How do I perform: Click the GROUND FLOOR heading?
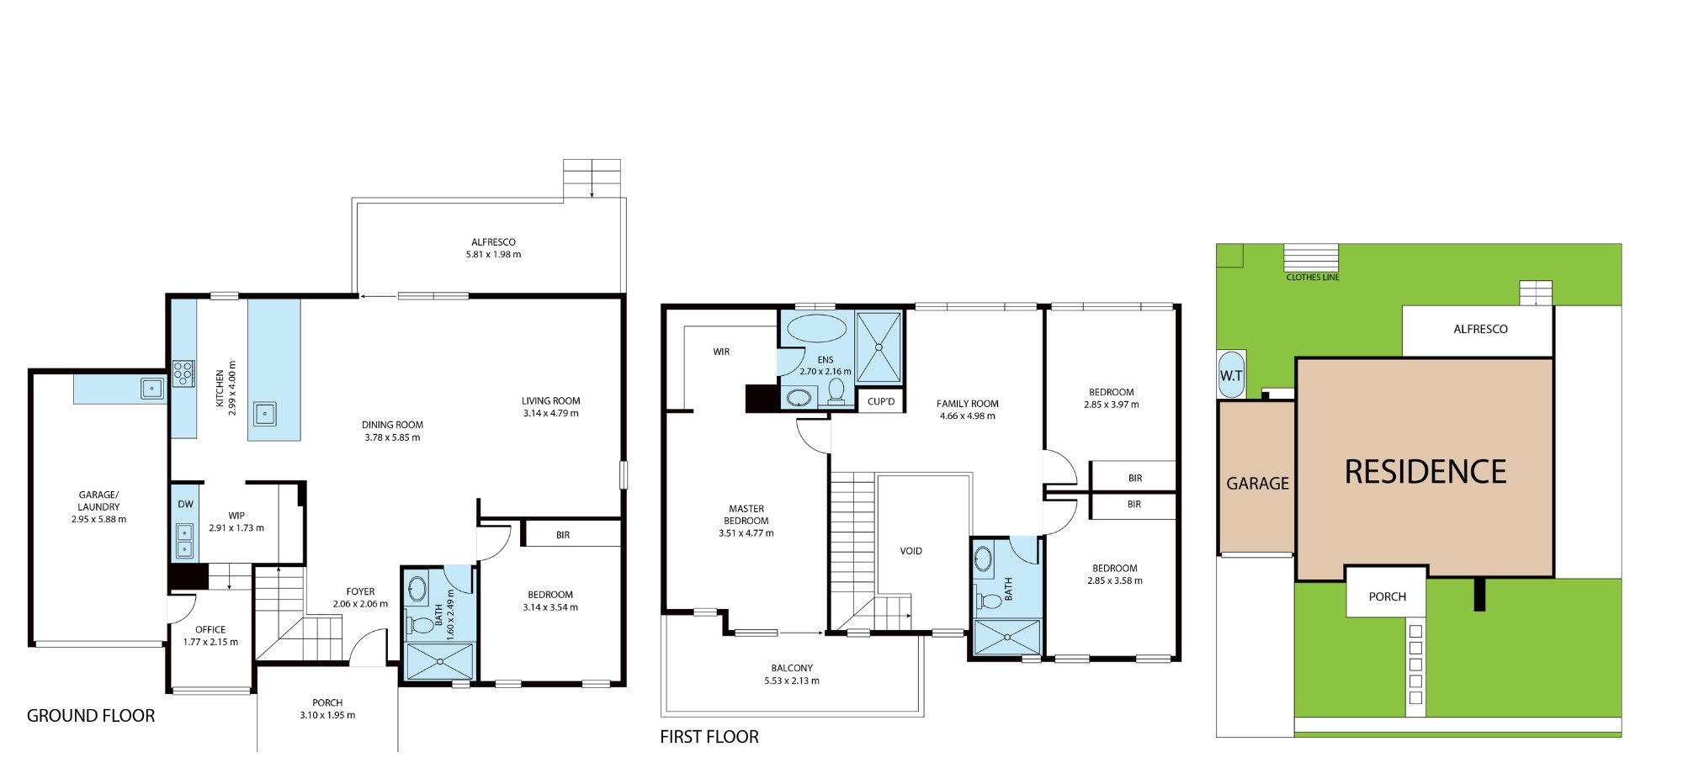pos(91,716)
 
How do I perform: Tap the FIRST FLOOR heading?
pos(709,737)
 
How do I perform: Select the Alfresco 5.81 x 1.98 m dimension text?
pos(494,254)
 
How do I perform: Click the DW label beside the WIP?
pos(185,505)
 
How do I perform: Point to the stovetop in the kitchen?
pos(183,373)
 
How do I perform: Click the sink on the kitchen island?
pos(265,414)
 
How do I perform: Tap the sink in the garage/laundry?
pos(152,388)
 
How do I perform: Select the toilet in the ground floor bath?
pos(418,625)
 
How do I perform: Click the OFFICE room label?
pos(210,629)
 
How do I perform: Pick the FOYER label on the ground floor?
pos(360,591)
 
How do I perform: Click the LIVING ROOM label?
pos(551,401)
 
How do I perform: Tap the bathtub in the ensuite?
pos(816,328)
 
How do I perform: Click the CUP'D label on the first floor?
pos(881,401)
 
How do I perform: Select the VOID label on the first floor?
pos(911,551)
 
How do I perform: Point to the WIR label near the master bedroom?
pos(721,352)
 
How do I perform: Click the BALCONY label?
pos(792,668)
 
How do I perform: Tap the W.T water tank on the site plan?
pos(1231,375)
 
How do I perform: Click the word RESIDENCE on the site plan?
pos(1426,472)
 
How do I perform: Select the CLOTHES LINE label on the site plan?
pos(1313,278)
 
